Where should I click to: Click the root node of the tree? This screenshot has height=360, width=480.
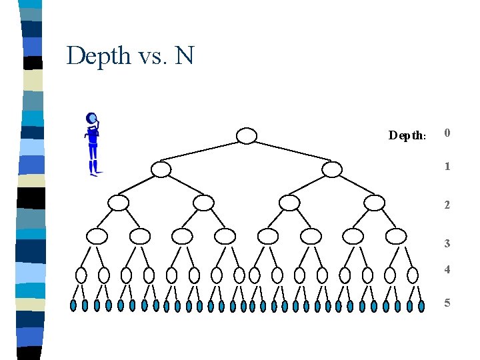point(247,136)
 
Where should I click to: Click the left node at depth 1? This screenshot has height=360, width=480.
point(161,169)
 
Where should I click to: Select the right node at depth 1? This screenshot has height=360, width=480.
point(331,169)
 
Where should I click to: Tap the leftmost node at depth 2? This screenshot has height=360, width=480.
point(118,203)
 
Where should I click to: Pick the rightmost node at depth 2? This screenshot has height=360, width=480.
point(375,203)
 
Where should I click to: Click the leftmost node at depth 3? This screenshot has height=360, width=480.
point(97,236)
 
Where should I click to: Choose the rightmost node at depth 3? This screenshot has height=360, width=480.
point(396,236)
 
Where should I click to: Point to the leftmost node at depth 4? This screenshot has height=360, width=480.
point(81,275)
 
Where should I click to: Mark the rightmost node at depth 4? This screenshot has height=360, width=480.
point(413,275)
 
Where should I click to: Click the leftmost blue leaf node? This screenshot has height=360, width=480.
point(73,305)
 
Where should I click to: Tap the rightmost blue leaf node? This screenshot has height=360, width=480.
point(421,306)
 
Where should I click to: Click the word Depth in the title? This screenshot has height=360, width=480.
point(99,55)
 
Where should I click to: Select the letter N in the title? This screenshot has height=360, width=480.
point(184,55)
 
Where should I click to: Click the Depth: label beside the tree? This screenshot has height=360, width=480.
point(407,136)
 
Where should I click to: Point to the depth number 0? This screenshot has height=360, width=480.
point(448,133)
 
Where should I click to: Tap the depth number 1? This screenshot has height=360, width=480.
point(448,166)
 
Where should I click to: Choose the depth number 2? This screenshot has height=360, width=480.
point(448,205)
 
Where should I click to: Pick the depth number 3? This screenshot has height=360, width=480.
point(448,244)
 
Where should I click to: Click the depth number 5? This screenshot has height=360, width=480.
point(448,303)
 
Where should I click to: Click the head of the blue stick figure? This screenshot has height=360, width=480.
point(92,119)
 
